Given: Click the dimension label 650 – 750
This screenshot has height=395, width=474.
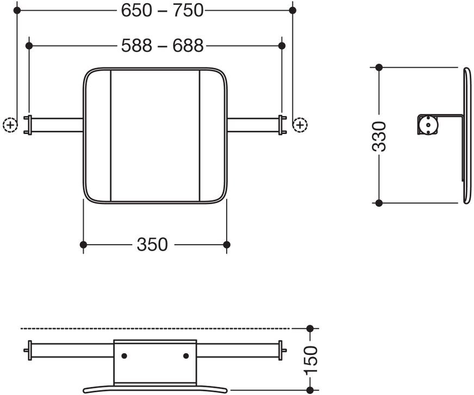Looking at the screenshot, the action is click(x=162, y=10).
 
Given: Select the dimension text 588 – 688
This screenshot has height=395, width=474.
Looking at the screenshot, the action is click(x=162, y=46).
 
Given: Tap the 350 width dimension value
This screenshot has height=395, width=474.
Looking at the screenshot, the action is click(x=152, y=245).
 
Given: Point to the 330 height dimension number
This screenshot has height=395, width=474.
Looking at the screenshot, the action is click(x=379, y=136).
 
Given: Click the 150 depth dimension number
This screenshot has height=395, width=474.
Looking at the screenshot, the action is click(x=310, y=360).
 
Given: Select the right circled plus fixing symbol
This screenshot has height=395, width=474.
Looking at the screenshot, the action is click(x=300, y=125).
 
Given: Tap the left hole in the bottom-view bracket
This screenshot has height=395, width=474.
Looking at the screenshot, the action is click(x=124, y=356).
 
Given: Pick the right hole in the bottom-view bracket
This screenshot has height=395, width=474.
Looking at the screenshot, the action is click(x=186, y=356).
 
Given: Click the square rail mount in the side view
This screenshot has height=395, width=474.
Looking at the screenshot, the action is click(x=428, y=125).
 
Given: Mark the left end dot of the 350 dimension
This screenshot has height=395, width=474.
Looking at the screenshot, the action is click(x=83, y=245).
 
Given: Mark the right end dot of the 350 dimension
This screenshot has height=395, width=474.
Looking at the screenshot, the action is click(x=227, y=245).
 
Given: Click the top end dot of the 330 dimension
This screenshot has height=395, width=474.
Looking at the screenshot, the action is click(x=379, y=67).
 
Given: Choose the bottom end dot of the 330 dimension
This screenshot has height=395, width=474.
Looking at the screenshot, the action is click(x=379, y=203).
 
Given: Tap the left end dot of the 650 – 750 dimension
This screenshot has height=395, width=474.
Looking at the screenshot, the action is click(x=17, y=10).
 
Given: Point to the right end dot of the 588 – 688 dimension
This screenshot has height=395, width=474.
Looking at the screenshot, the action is click(x=282, y=46).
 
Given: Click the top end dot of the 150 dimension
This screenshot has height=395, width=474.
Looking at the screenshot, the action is click(x=310, y=328).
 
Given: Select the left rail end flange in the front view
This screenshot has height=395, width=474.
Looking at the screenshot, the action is click(x=29, y=125).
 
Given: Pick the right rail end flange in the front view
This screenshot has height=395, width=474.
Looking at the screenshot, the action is click(x=281, y=125).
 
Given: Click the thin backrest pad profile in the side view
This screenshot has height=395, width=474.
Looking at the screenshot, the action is click(x=467, y=136).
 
